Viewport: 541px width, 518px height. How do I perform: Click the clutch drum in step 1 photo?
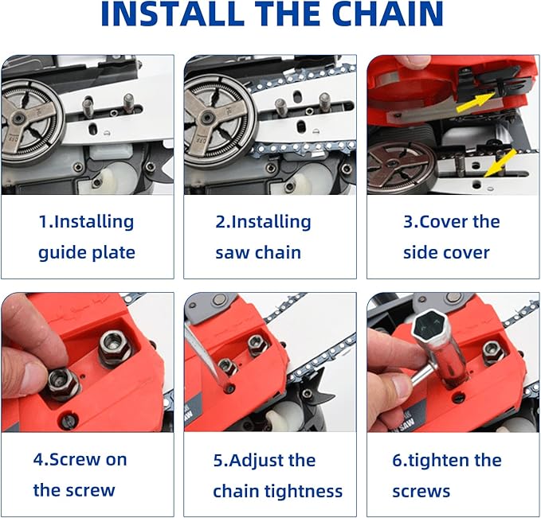(32, 120)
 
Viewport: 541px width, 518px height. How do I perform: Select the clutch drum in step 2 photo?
(213, 120)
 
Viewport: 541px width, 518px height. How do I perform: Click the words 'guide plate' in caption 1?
(87, 253)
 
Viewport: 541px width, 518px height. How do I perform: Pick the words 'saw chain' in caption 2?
(258, 253)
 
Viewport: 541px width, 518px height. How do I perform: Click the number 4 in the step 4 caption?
(38, 460)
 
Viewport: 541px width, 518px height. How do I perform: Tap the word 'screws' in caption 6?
(421, 492)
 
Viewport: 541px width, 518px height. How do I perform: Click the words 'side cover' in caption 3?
(447, 253)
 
